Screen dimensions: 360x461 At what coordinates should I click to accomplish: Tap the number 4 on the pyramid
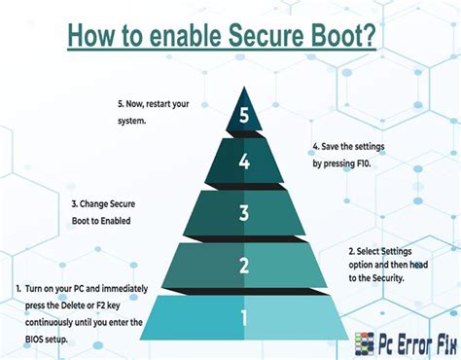(x=244, y=162)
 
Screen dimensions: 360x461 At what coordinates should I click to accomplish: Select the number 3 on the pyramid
(x=244, y=213)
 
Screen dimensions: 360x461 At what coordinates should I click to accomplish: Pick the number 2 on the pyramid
(x=244, y=265)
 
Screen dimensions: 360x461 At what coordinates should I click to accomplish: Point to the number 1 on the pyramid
(x=244, y=317)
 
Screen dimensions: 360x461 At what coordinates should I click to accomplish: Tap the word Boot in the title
(x=343, y=38)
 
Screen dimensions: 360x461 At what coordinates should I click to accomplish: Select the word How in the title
(x=94, y=38)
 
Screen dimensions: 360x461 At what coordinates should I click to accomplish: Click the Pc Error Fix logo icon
(x=365, y=342)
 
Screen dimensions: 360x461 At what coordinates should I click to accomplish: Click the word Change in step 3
(x=102, y=206)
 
